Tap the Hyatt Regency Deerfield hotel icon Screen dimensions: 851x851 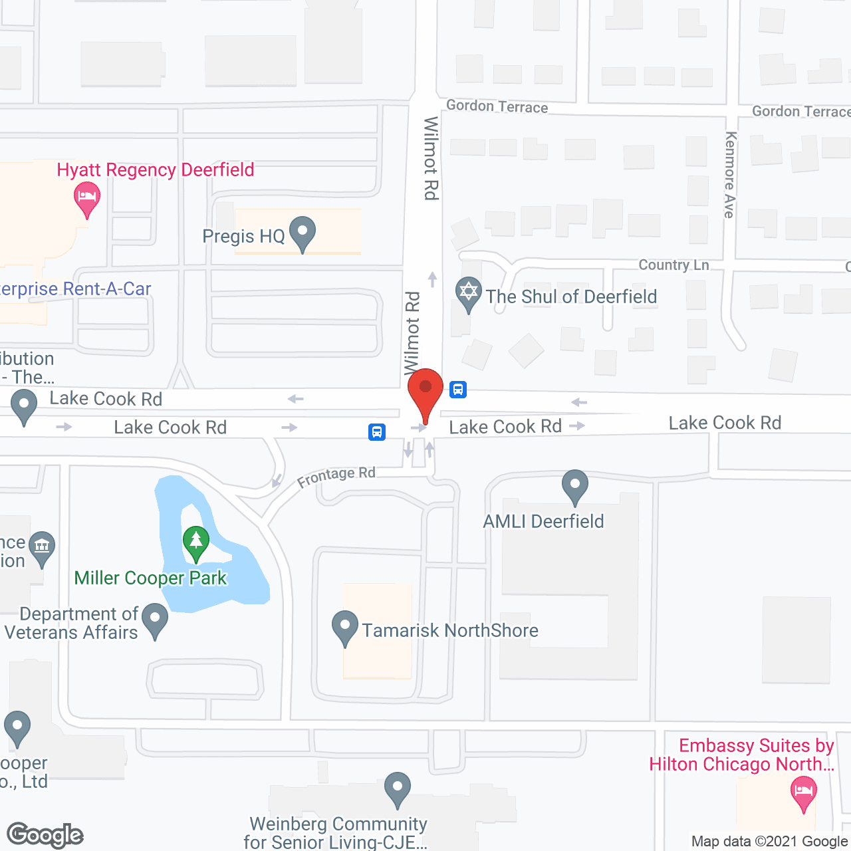pyautogui.click(x=86, y=198)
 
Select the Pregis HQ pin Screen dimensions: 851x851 pyautogui.click(x=303, y=233)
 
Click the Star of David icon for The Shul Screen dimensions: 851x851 pyautogui.click(x=469, y=293)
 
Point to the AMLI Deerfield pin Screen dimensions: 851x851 pyautogui.click(x=575, y=485)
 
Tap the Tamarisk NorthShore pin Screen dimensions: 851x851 pyautogui.click(x=344, y=626)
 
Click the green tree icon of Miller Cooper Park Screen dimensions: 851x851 pyautogui.click(x=196, y=542)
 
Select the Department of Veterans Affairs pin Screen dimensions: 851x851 pyautogui.click(x=155, y=618)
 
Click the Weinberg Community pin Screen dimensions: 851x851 pyautogui.click(x=398, y=788)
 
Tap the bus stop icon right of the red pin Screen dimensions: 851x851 pyautogui.click(x=458, y=390)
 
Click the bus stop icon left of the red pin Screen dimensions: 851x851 pyautogui.click(x=377, y=432)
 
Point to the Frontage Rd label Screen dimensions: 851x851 pyautogui.click(x=336, y=476)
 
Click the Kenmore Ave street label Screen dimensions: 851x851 pyautogui.click(x=730, y=175)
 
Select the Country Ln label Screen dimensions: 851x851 pyautogui.click(x=673, y=265)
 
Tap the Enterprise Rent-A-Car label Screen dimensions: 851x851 pyautogui.click(x=76, y=289)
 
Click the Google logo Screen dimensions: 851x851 pyautogui.click(x=45, y=835)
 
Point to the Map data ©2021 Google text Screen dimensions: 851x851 pyautogui.click(x=770, y=842)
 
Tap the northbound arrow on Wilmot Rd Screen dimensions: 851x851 pyautogui.click(x=433, y=279)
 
